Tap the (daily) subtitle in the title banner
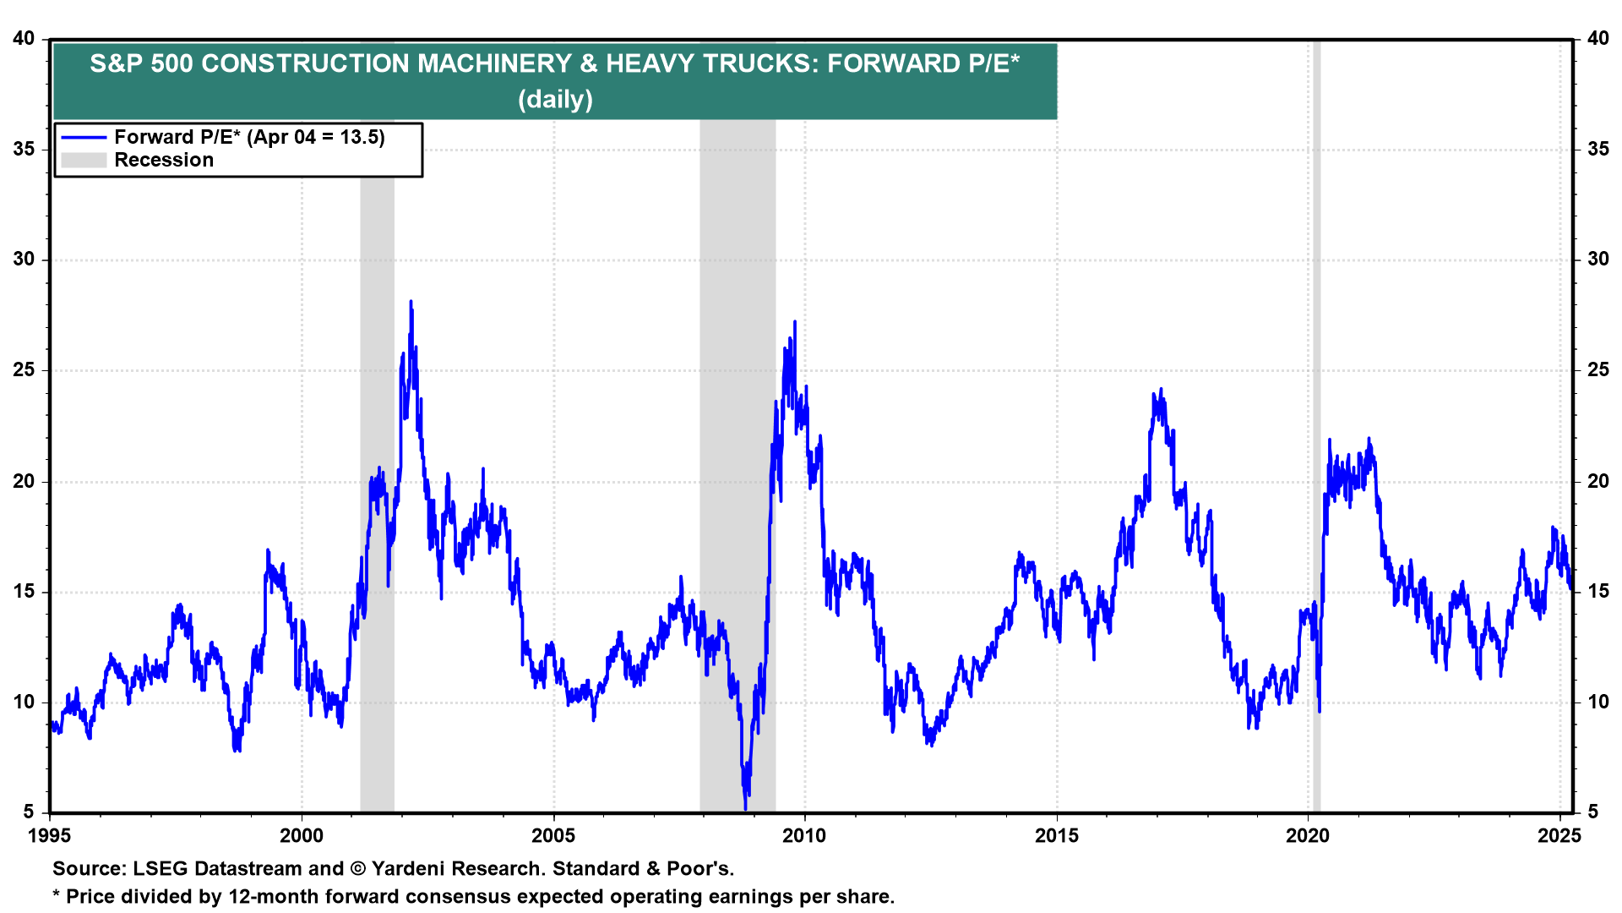click(555, 100)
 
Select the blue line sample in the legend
click(84, 138)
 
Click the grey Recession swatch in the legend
click(84, 161)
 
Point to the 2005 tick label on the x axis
click(553, 836)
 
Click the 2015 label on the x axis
click(1056, 836)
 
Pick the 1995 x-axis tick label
click(50, 836)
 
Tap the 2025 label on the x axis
click(1559, 836)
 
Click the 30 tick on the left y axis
click(24, 260)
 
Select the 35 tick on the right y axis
click(1598, 150)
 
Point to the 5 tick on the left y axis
click(30, 812)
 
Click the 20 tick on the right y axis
click(1598, 481)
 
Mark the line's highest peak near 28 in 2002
click(411, 302)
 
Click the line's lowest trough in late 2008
click(745, 807)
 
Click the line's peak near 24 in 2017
click(1161, 390)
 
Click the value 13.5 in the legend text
click(361, 138)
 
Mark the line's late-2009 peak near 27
click(794, 322)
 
